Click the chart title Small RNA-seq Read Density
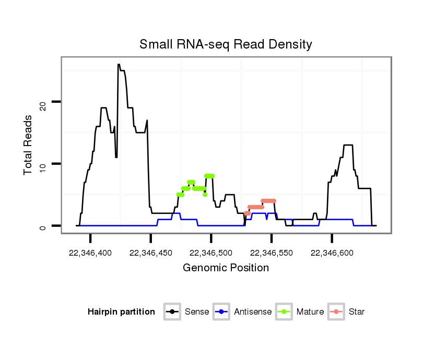[x=226, y=44]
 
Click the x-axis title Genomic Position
[x=226, y=268]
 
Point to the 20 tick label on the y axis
[x=43, y=105]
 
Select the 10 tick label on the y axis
[x=43, y=166]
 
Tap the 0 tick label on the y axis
[x=43, y=227]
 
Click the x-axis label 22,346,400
[x=90, y=253]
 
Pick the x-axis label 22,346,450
[x=150, y=253]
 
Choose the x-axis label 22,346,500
[x=211, y=253]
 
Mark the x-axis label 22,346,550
[x=271, y=253]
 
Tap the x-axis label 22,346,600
[x=332, y=253]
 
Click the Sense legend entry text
[x=197, y=312]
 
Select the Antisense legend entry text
[x=253, y=312]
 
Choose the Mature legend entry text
[x=310, y=312]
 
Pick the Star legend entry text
[x=357, y=312]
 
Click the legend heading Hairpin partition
[x=121, y=312]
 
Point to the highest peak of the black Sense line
[x=119, y=65]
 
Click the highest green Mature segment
[x=209, y=176]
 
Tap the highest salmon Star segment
[x=268, y=201]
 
